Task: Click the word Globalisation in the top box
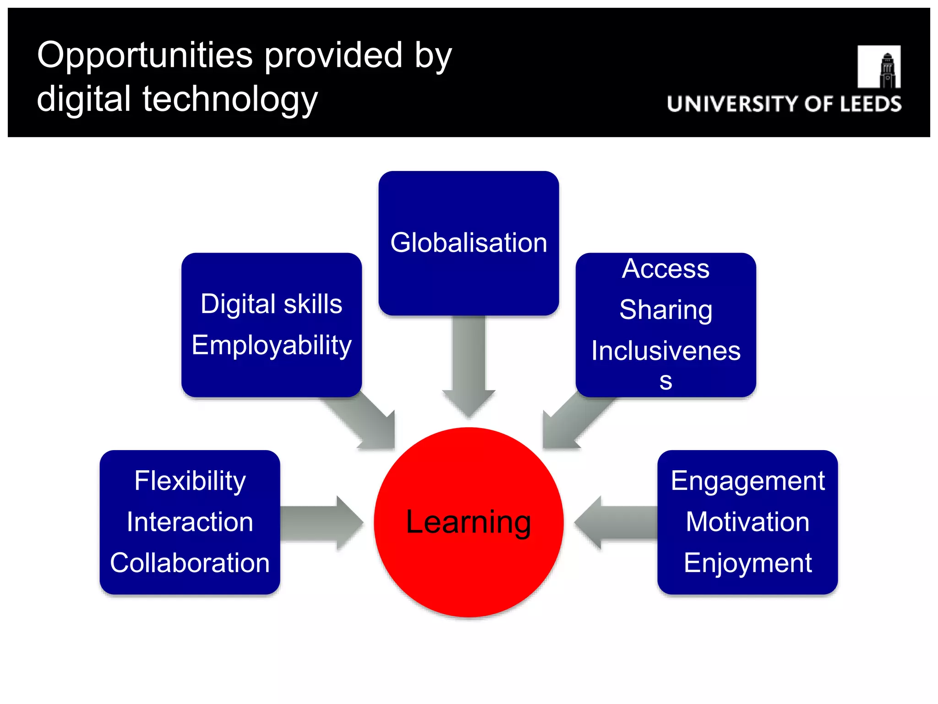coord(469,242)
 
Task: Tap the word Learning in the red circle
coord(469,522)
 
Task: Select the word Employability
coord(272,345)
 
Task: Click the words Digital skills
coord(272,304)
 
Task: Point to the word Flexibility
coord(190,481)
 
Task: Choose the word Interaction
coord(190,522)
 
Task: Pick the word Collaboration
coord(190,563)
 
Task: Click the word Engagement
coord(747,481)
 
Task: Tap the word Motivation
coord(747,522)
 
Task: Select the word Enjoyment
coord(747,563)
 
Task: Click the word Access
coord(665,269)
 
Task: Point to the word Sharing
coord(665,310)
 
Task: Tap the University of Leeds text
coord(784,104)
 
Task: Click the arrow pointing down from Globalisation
coord(469,367)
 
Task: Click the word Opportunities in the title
coord(144,55)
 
